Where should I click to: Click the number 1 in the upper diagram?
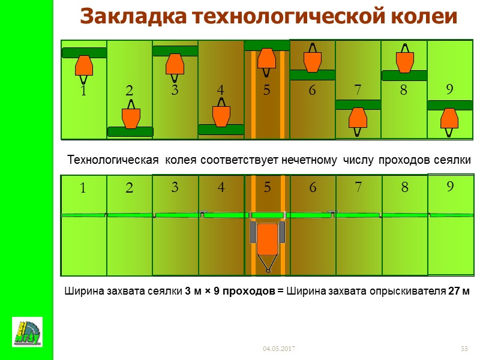pyautogui.click(x=83, y=91)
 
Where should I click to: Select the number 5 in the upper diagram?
pyautogui.click(x=266, y=90)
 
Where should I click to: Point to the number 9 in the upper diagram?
pyautogui.click(x=449, y=89)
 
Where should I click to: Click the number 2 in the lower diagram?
pyautogui.click(x=129, y=187)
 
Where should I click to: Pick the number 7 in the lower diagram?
pyautogui.click(x=358, y=187)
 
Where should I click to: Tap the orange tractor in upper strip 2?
pyautogui.click(x=130, y=118)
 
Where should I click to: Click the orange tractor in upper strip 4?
pyautogui.click(x=221, y=116)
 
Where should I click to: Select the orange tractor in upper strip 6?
pyautogui.click(x=312, y=61)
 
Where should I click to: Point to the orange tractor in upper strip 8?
pyautogui.click(x=404, y=61)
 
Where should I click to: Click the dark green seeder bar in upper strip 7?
pyautogui.click(x=358, y=104)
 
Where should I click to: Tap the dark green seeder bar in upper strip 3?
pyautogui.click(x=175, y=51)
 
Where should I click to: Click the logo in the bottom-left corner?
pyautogui.click(x=28, y=332)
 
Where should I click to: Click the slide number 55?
pyautogui.click(x=464, y=349)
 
